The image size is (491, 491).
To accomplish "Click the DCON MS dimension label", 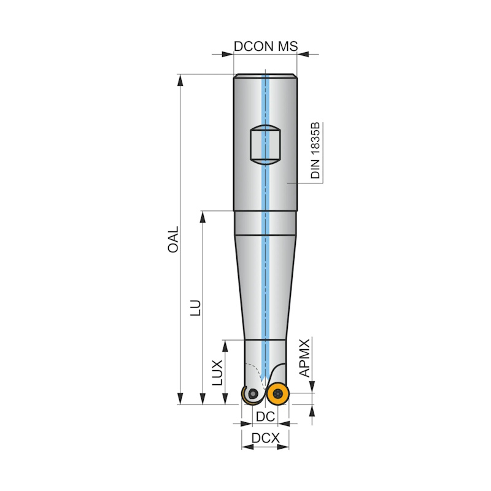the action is point(266,47).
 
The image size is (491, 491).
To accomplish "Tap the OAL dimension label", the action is point(173,239).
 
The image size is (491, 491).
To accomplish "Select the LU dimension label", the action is point(196,308).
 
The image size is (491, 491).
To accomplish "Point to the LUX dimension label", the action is point(217,373).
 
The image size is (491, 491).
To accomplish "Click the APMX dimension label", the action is point(304,358).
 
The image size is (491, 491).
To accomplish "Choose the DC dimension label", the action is point(265,417).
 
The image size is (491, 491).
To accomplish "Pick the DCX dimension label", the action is point(266,438).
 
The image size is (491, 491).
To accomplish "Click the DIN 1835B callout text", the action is point(315,150).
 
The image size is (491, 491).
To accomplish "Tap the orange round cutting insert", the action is point(277,393).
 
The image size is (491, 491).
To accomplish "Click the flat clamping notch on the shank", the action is point(265,145).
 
